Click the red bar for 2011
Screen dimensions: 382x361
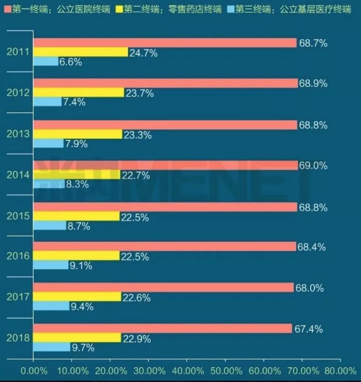coord(165,43)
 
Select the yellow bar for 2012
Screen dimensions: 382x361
coord(79,92)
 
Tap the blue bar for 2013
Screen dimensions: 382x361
coord(48,143)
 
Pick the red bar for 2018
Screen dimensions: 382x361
coord(162,328)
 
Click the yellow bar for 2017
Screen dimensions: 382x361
coord(77,297)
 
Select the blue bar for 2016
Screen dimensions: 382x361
coord(51,265)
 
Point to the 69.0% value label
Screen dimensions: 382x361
coord(313,165)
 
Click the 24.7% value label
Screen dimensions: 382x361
coord(143,53)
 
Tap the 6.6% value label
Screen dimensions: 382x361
coord(71,62)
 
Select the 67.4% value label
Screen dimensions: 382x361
coord(308,329)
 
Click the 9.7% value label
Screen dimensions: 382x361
coord(83,347)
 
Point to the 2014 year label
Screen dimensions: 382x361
coord(18,175)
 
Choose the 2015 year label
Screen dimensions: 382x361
coord(18,216)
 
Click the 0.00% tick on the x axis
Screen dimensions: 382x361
coord(34,371)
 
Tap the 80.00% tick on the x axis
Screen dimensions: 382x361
coord(340,371)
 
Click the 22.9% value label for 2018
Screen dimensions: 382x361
coord(136,338)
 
